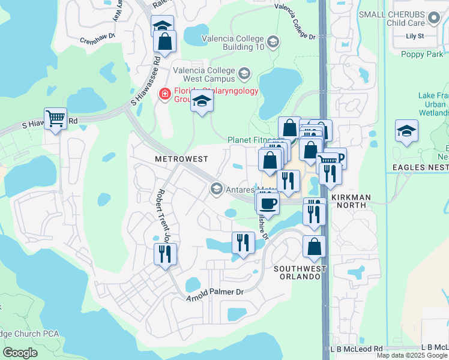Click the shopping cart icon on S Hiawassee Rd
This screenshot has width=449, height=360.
point(55,119)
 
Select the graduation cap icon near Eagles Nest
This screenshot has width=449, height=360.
point(406,131)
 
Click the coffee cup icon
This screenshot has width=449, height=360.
point(268,203)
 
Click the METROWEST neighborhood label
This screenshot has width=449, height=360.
point(181,159)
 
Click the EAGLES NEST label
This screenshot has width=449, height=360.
point(417,167)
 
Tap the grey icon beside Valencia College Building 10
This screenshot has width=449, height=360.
point(273,41)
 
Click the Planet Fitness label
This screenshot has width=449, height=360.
point(251,140)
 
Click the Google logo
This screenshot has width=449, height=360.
point(20,353)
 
